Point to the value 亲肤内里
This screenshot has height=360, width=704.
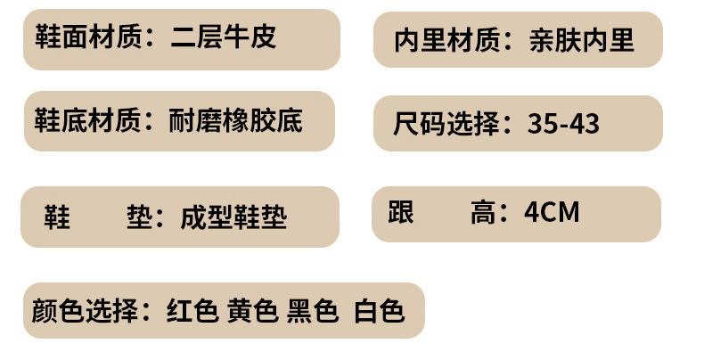click(581, 40)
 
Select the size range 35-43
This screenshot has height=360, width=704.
click(563, 123)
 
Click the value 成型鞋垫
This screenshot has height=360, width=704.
click(233, 217)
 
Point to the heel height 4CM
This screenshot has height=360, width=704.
click(552, 213)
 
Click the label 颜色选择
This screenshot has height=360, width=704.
click(85, 310)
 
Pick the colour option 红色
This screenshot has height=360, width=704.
click(192, 310)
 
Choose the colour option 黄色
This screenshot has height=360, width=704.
click(252, 310)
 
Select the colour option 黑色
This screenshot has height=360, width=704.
click(313, 310)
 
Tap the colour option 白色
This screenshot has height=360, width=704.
click(380, 310)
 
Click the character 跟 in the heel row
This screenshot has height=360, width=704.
click(402, 213)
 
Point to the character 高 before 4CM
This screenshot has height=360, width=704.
click(482, 213)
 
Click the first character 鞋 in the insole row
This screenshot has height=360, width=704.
click(57, 217)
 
